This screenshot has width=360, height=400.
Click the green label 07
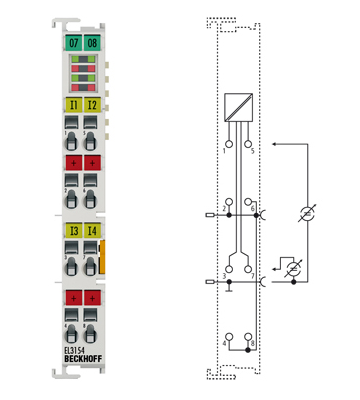tap(72, 43)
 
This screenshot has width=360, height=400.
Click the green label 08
tap(91, 43)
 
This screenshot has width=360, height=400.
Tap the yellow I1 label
tap(72, 103)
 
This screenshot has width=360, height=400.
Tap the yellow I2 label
tap(91, 103)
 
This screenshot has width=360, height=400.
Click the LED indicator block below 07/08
tap(82, 75)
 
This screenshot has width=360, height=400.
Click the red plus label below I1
tap(72, 162)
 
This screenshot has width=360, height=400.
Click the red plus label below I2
tap(91, 162)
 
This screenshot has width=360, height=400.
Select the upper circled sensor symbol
tap(308, 213)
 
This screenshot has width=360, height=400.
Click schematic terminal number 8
tap(254, 343)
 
